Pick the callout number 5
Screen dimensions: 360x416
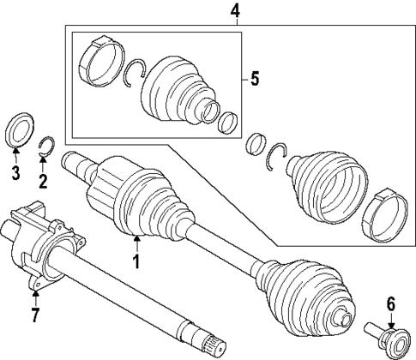(x=255, y=80)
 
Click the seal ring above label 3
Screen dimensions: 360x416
(x=19, y=131)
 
